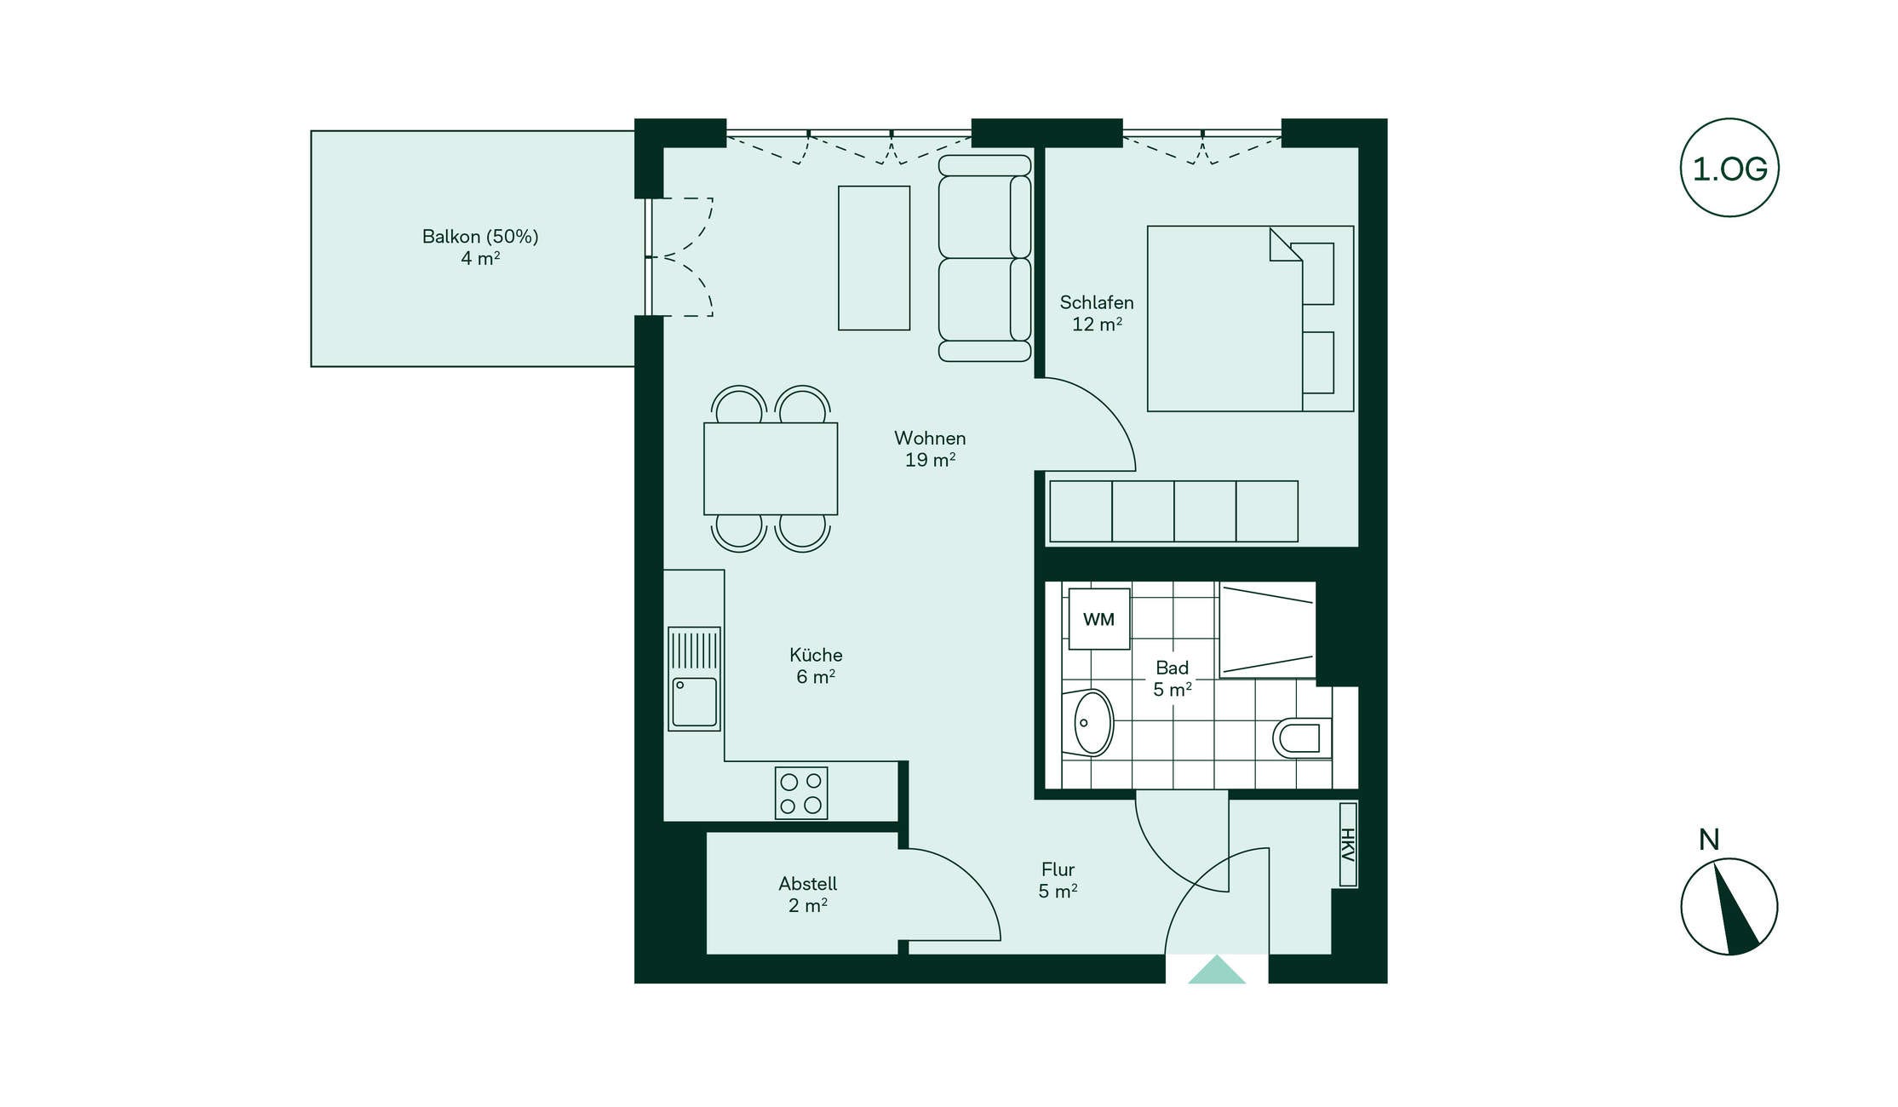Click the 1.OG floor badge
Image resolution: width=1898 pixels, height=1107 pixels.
tap(1729, 168)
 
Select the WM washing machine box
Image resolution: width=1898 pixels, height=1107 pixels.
tap(1099, 619)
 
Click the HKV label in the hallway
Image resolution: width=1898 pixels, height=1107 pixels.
tap(1348, 845)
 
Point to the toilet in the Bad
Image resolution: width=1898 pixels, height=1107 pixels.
tap(1302, 737)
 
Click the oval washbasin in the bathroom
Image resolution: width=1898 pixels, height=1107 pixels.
tap(1089, 723)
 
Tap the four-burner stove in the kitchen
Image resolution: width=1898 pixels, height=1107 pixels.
tap(801, 794)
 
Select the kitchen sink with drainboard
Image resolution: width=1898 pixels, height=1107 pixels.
tap(695, 679)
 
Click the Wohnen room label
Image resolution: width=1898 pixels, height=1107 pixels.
tap(930, 449)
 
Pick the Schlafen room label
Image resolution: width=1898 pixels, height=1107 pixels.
tap(1097, 313)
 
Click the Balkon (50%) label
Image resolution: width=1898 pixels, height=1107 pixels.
tap(480, 247)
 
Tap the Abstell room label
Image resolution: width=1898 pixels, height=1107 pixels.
tap(808, 894)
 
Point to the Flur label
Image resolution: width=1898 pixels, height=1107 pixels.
tap(1058, 880)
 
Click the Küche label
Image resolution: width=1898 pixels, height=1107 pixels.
tap(816, 666)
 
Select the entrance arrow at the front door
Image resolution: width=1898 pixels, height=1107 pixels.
tap(1217, 969)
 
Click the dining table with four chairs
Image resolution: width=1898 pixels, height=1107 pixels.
tap(771, 469)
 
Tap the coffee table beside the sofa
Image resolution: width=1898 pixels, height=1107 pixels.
tap(874, 258)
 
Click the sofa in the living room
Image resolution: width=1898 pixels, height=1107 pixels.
tap(985, 258)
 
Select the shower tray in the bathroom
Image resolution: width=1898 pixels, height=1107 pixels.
tap(1268, 630)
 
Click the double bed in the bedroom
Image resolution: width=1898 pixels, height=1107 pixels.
tap(1250, 318)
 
